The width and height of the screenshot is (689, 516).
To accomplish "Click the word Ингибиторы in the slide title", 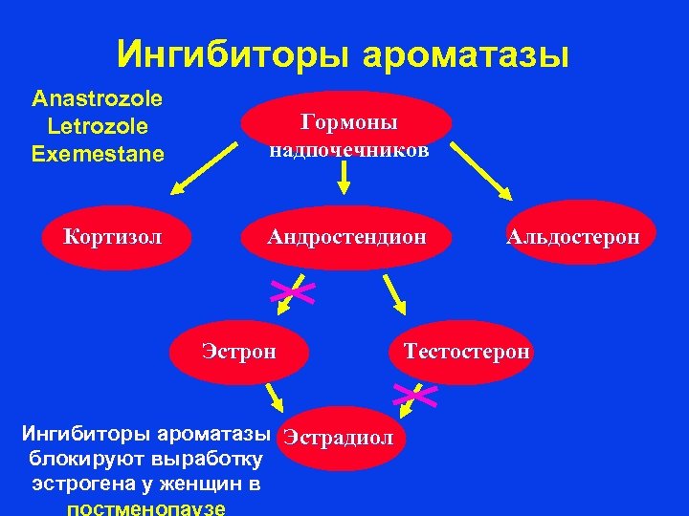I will pos(233,55).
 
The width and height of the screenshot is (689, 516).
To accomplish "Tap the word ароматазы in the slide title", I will pos(466,55).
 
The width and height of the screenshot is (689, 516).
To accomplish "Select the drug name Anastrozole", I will pos(97,98).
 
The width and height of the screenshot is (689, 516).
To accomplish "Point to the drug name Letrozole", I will pos(97,126).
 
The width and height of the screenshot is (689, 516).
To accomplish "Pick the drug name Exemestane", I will pos(98,153).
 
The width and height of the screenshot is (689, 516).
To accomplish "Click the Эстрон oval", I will pos(239,351).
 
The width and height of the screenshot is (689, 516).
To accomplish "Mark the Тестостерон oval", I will pos(466,351).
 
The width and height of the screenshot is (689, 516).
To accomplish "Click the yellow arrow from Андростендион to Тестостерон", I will pos(394,295).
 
